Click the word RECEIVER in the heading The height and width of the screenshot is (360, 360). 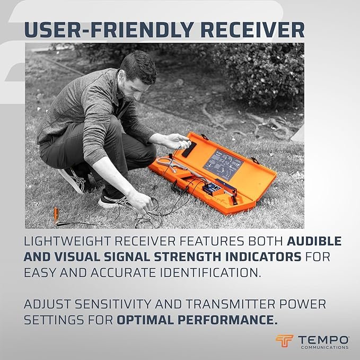(x=252, y=30)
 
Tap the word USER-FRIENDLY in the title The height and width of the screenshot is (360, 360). (x=109, y=30)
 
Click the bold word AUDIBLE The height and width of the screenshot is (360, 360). (x=314, y=241)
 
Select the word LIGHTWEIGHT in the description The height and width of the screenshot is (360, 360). (x=67, y=241)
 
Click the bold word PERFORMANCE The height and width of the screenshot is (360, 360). (x=197, y=320)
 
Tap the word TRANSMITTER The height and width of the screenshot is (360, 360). (x=230, y=304)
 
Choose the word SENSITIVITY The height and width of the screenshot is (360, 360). (x=113, y=304)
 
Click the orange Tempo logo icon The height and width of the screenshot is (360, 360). (x=284, y=341)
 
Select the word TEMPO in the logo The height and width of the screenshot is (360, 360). (x=323, y=340)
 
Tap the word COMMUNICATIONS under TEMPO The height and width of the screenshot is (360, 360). (x=324, y=347)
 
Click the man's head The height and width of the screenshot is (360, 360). (x=137, y=75)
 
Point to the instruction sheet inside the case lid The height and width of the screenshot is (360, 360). (x=223, y=164)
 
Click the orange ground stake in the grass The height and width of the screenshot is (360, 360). (x=56, y=215)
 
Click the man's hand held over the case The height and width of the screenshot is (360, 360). (x=175, y=141)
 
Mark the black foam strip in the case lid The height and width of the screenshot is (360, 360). (x=189, y=150)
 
